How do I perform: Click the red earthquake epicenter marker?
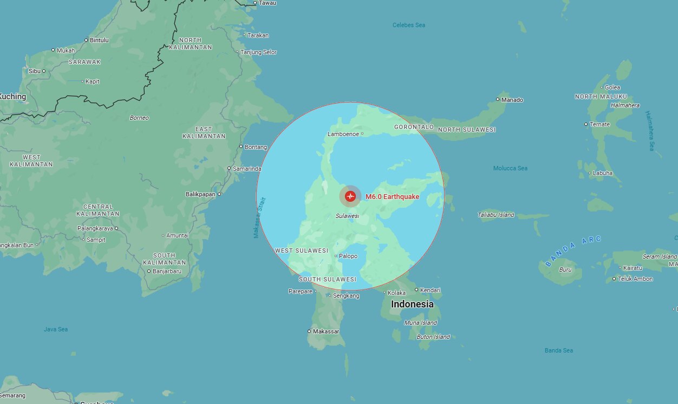[x=350, y=196]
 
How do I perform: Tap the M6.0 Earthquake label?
[x=392, y=196]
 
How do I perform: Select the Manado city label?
[x=512, y=100]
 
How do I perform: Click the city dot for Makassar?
[x=309, y=331]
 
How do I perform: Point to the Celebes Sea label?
[x=409, y=25]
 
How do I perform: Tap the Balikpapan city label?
[x=200, y=194]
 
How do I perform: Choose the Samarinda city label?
[x=247, y=169]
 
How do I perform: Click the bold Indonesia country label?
[x=412, y=304]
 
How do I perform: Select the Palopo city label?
[x=348, y=256]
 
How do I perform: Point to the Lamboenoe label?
[x=343, y=134]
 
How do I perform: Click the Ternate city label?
[x=600, y=124]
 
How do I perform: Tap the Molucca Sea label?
[x=510, y=168]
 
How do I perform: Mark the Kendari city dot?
[x=416, y=290]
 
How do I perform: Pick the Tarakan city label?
[x=258, y=35]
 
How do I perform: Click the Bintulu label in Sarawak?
[x=99, y=40]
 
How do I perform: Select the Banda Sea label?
[x=558, y=350]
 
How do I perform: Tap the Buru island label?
[x=565, y=269]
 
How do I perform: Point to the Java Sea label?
[x=56, y=329]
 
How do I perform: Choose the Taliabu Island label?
[x=496, y=215]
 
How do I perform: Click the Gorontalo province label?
[x=414, y=127]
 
